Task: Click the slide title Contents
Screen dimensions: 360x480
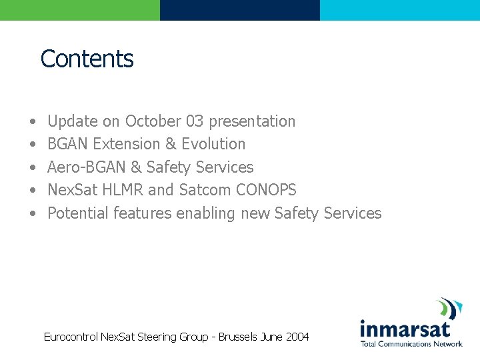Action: pos(87,59)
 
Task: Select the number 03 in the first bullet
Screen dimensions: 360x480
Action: pos(195,121)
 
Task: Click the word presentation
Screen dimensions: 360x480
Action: pos(252,121)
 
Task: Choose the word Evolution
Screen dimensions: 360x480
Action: pos(213,144)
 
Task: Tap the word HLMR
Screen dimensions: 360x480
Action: pos(123,190)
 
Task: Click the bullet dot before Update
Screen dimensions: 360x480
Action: pos(33,122)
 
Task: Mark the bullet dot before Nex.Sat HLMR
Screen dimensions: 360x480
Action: pos(33,191)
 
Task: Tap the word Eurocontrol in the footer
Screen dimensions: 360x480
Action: pos(71,337)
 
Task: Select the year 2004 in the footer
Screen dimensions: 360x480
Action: pos(297,337)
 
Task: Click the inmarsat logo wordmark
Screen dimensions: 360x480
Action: pos(405,329)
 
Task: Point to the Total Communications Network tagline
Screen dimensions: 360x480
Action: pos(411,344)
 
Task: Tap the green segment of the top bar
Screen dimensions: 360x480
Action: pos(80,10)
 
